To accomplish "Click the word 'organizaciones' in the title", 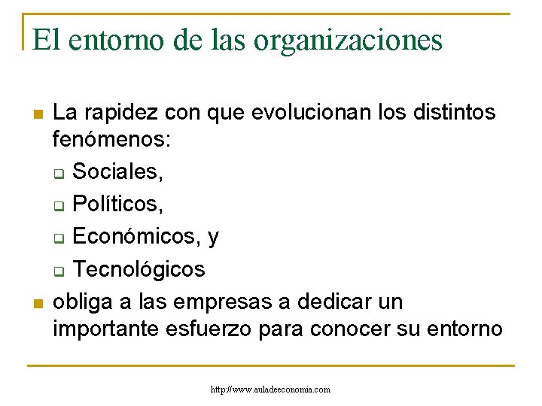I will point(348,40).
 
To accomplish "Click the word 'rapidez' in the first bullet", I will point(120,113).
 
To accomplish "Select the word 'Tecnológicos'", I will point(139,268).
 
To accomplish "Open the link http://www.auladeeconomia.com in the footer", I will point(270,389).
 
